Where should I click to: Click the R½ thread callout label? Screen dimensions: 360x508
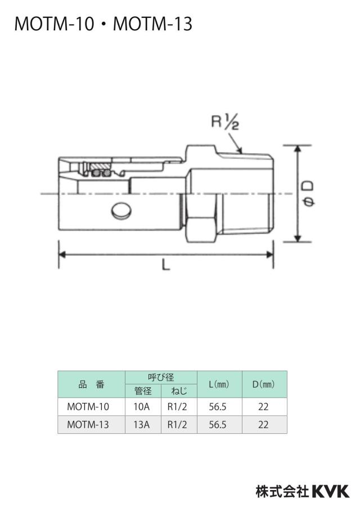pyautogui.click(x=225, y=122)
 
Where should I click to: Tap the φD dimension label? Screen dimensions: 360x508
pyautogui.click(x=308, y=194)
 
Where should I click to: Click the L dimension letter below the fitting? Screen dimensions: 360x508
pyautogui.click(x=166, y=266)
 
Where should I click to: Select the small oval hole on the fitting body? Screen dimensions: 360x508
pyautogui.click(x=121, y=211)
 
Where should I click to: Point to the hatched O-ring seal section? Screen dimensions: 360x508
pyautogui.click(x=100, y=170)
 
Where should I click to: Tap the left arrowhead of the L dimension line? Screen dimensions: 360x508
pyautogui.click(x=62, y=255)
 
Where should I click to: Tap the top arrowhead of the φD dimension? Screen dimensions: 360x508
pyautogui.click(x=298, y=149)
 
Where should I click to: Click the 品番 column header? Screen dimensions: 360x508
pyautogui.click(x=92, y=384)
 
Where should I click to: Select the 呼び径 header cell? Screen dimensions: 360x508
pyautogui.click(x=161, y=378)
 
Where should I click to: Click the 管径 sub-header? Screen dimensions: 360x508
pyautogui.click(x=143, y=391)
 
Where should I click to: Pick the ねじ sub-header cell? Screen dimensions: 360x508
pyautogui.click(x=179, y=391)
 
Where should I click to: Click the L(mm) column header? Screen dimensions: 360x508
pyautogui.click(x=219, y=384)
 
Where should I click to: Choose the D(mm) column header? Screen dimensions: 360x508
pyautogui.click(x=264, y=384)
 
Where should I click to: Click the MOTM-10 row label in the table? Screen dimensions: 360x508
pyautogui.click(x=88, y=407)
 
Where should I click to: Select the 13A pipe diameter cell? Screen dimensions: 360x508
pyautogui.click(x=142, y=424)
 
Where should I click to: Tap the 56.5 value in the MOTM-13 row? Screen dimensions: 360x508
pyautogui.click(x=218, y=424)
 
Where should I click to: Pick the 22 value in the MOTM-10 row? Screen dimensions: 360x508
pyautogui.click(x=263, y=407)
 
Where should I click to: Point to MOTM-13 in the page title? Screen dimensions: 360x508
pyautogui.click(x=153, y=24)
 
